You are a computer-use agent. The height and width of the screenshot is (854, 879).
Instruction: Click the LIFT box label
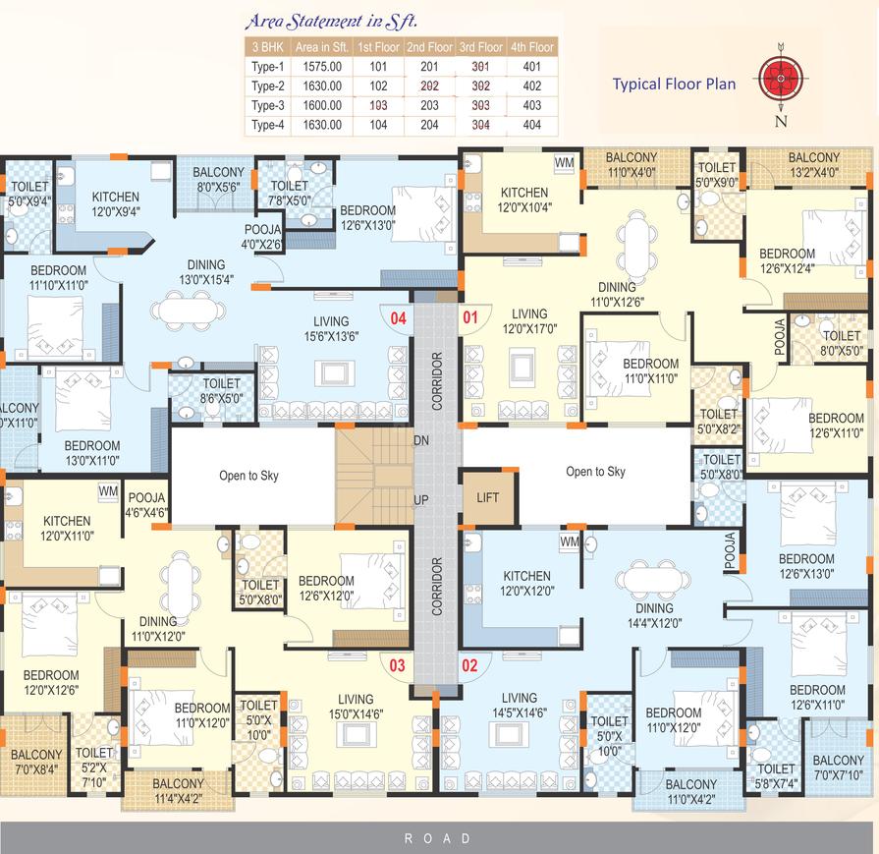[x=488, y=497]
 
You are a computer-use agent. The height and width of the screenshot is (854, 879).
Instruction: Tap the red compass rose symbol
[x=781, y=78]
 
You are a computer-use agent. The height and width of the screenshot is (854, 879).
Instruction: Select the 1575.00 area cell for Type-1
[x=322, y=67]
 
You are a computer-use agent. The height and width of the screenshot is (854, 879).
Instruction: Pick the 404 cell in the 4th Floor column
[x=532, y=125]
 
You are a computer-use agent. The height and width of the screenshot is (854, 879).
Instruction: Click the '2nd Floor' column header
[x=429, y=47]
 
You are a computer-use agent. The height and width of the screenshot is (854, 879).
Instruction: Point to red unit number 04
[x=398, y=318]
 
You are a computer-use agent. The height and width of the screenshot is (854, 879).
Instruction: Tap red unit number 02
[x=469, y=665]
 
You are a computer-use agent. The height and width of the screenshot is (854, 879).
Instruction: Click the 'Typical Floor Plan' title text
[x=674, y=85]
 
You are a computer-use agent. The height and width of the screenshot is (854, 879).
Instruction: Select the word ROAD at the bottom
[x=438, y=838]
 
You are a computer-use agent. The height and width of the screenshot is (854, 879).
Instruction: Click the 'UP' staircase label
[x=421, y=500]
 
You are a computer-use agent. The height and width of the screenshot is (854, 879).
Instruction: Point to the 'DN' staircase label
[x=421, y=440]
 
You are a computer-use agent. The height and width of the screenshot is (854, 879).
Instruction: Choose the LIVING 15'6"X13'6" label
[x=331, y=329]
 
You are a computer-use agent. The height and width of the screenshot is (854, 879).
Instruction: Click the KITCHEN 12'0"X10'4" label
[x=524, y=199]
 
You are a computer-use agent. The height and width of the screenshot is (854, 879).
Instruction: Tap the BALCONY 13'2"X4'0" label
[x=814, y=165]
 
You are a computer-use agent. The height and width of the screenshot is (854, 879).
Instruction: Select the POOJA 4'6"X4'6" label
[x=147, y=505]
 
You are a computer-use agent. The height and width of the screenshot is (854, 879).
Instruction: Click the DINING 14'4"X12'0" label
[x=655, y=615]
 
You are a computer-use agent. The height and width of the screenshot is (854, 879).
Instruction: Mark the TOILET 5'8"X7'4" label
[x=777, y=776]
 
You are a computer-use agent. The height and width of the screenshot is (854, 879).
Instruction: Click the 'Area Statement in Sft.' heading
[x=331, y=22]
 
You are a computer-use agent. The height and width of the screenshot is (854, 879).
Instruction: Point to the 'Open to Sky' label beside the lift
[x=595, y=472]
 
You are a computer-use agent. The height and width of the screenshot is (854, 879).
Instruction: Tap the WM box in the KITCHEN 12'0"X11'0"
[x=108, y=491]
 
